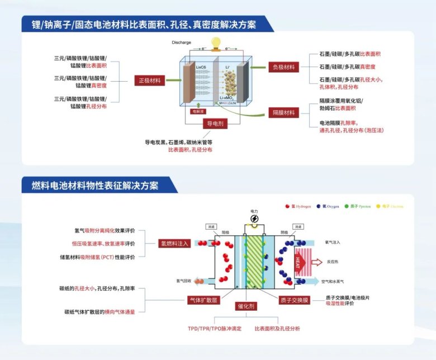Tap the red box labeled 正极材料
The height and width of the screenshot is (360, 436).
coord(149,80)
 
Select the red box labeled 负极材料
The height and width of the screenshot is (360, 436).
coord(283,67)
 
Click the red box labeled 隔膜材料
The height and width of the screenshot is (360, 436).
coord(283,112)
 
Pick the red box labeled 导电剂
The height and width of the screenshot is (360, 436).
coord(216,123)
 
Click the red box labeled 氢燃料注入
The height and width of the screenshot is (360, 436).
coord(175,243)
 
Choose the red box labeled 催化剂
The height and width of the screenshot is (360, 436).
coord(246,306)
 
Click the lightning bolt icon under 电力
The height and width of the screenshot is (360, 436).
coord(254,218)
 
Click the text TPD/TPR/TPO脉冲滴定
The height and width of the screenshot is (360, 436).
coord(215,328)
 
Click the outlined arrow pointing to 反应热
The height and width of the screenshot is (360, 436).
coord(316,262)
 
